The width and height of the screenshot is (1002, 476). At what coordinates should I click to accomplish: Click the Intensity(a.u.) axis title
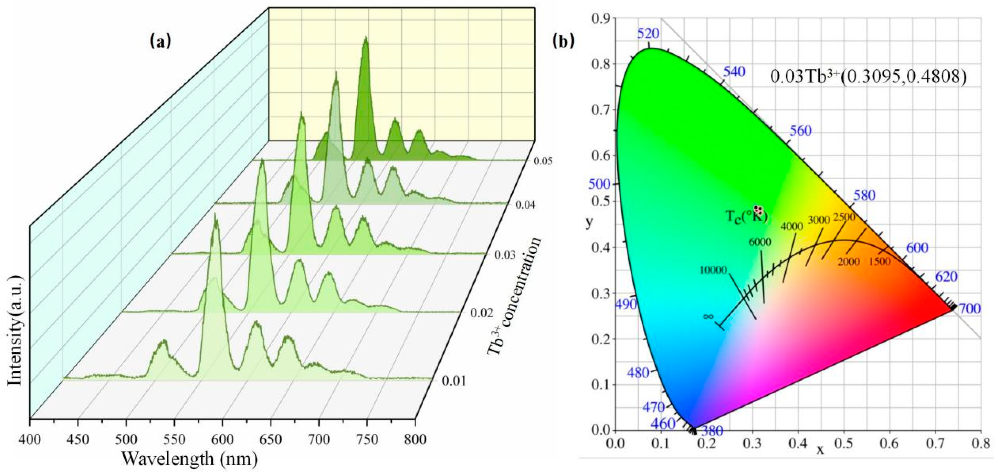[16, 331]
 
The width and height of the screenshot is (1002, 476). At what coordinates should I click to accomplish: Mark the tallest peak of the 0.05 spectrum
[366, 38]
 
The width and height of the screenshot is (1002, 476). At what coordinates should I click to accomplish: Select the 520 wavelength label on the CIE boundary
[648, 34]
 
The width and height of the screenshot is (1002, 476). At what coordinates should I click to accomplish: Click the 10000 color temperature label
[713, 270]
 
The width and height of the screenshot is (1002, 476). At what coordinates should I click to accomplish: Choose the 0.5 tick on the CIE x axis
[844, 443]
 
